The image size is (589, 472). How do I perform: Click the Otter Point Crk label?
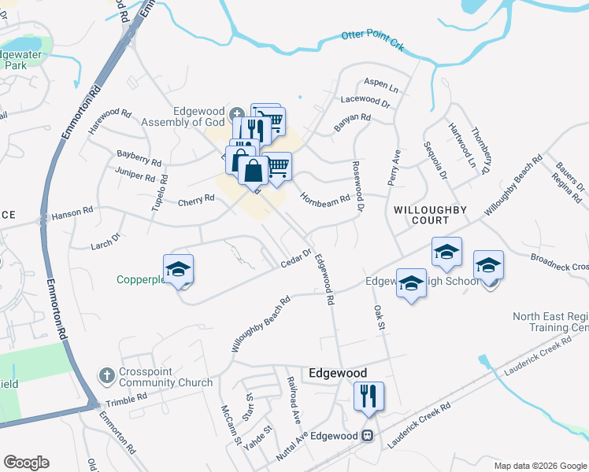click(x=372, y=40)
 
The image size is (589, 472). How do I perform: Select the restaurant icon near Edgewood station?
click(x=368, y=396)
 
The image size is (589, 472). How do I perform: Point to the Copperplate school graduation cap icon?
click(x=178, y=269)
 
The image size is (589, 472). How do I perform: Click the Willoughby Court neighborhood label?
click(x=430, y=216)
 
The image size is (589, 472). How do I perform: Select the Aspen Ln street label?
click(x=381, y=83)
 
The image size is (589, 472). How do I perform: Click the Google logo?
click(x=26, y=463)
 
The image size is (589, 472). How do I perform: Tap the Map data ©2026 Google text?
click(x=539, y=465)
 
